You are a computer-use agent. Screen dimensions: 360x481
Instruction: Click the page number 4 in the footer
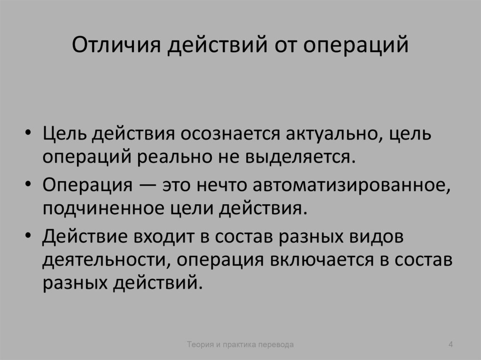(450, 345)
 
